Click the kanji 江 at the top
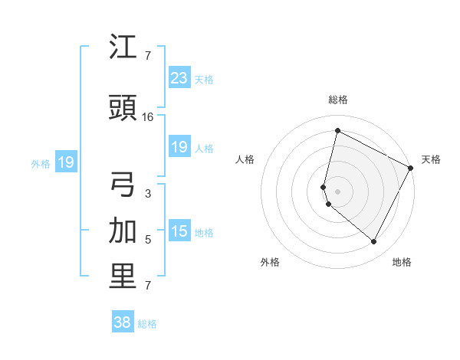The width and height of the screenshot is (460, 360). tap(123, 48)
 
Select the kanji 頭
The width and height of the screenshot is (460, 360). tap(123, 109)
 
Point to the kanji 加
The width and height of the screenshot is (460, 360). tap(123, 232)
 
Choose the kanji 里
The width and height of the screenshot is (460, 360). tap(123, 277)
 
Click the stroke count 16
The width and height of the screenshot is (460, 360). tap(148, 117)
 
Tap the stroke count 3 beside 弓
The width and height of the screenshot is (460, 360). tap(148, 194)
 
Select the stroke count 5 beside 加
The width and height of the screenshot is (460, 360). tap(148, 240)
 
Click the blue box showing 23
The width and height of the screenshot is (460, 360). tap(179, 77)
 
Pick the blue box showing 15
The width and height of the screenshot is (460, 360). tap(179, 231)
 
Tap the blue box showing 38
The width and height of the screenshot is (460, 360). tap(123, 322)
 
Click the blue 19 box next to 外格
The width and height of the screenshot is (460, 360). tap(65, 162)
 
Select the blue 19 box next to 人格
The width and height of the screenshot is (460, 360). tap(179, 147)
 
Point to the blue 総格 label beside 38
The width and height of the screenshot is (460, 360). tap(147, 324)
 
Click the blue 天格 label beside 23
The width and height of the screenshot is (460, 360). tap(204, 79)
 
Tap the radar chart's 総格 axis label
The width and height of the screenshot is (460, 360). tap(338, 100)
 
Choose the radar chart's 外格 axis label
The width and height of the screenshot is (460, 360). tap(270, 262)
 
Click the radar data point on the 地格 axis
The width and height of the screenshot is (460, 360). tap(374, 242)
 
